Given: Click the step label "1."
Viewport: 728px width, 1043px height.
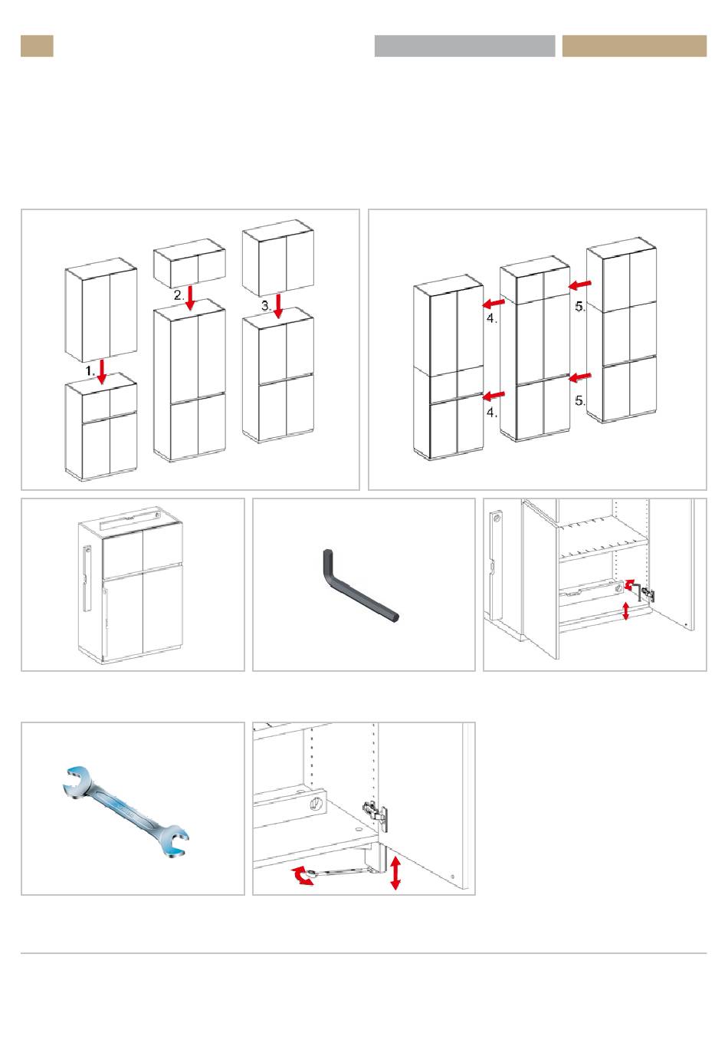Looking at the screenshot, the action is (x=90, y=370).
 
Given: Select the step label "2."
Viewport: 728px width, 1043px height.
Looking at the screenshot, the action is (x=179, y=294).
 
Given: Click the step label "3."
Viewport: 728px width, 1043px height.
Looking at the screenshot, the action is (x=266, y=304).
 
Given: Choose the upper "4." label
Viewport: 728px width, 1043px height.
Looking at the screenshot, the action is (x=491, y=319).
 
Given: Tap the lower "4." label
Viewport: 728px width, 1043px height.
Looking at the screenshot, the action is (x=491, y=413).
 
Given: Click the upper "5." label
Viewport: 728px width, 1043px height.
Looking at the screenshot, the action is (x=580, y=307).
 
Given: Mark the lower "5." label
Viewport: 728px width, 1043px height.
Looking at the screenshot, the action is (x=580, y=400).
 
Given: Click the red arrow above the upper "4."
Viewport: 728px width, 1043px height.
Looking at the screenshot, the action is (x=494, y=304).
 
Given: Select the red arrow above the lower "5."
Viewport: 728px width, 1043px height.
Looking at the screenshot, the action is (x=581, y=377).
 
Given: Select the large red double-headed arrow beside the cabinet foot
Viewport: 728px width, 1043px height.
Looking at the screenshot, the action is (x=395, y=874).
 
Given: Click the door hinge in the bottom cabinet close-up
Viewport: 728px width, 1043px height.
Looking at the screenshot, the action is (x=375, y=814).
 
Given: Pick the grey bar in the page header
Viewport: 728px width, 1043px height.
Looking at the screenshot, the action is (x=464, y=46).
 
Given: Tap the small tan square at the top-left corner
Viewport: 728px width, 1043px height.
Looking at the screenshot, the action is (x=37, y=46).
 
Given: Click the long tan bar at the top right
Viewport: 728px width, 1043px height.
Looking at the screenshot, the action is (x=634, y=46).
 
